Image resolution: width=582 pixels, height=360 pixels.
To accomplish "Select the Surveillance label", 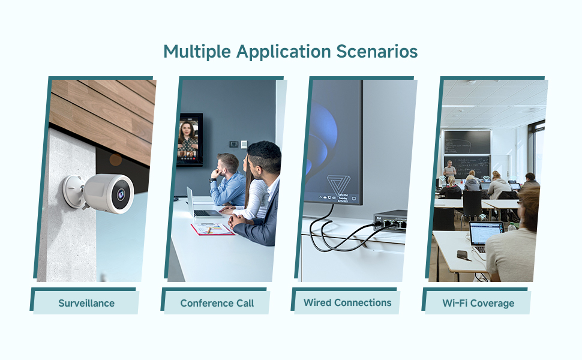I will pos(86,303).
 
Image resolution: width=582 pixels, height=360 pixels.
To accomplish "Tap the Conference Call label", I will pos(217,303).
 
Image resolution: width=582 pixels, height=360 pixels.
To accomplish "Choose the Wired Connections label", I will pos(347,302).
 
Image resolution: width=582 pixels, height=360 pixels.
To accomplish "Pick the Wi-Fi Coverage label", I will pos(478,303).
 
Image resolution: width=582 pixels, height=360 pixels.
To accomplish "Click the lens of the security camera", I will pos(121,193).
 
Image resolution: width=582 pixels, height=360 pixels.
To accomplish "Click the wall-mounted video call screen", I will pos(190,139).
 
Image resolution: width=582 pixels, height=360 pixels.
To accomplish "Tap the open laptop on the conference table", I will pos(201,204).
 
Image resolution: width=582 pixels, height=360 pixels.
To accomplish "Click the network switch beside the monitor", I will pos(390,220).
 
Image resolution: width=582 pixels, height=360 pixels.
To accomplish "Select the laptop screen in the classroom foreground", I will pos(485,233).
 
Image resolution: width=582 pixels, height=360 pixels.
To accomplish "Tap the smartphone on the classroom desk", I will pos(463,254).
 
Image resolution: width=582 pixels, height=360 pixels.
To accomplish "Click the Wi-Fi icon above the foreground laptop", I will pos(482,217).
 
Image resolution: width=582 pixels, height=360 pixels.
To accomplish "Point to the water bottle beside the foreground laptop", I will pos(511,228).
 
